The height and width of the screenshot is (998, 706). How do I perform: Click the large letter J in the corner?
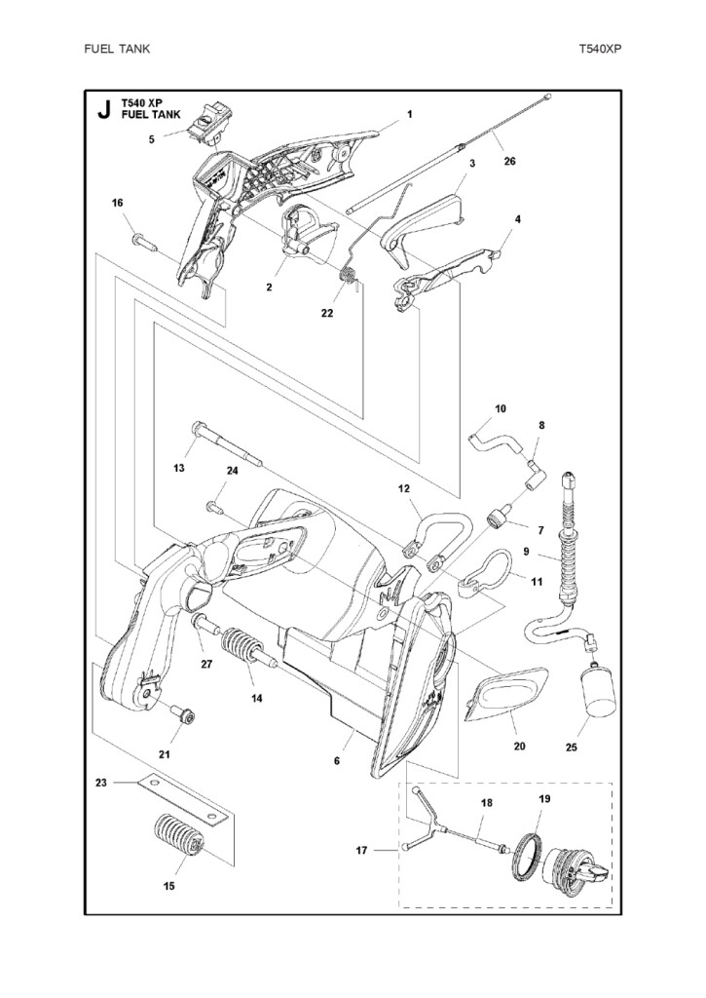(x=104, y=110)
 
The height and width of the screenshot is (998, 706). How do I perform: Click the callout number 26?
(x=509, y=163)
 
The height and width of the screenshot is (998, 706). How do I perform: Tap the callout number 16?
(x=118, y=203)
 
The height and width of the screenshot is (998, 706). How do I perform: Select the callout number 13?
(x=179, y=469)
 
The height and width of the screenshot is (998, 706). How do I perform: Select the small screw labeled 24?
(x=214, y=506)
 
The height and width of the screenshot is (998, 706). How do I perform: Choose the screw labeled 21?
(x=182, y=718)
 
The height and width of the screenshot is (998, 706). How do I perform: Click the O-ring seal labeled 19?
(x=529, y=854)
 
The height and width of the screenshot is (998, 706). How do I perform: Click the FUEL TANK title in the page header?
(x=118, y=47)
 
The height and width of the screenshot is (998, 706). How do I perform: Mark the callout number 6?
(x=337, y=760)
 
